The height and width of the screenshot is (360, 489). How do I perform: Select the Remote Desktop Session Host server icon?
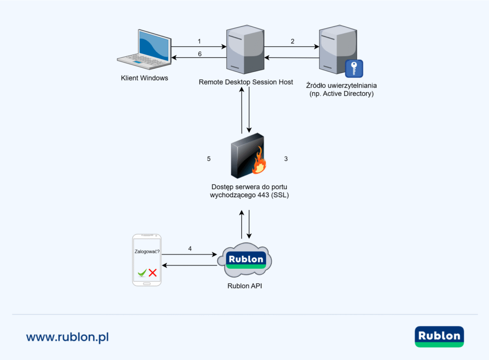coord(244,50)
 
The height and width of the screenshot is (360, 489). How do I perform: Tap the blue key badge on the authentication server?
coord(354,69)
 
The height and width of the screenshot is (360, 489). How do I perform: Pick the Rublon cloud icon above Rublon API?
coord(244,261)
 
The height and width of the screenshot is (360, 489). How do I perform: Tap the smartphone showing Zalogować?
coord(147,260)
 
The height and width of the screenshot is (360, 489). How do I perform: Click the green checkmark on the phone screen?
coord(141,273)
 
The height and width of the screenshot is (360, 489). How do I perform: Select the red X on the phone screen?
coord(153,273)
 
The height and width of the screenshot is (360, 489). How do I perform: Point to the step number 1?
coord(200,41)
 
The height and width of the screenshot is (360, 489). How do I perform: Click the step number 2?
coord(292,41)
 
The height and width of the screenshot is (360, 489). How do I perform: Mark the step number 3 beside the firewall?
coord(286,159)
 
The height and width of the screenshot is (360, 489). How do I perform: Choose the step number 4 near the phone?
coord(190,248)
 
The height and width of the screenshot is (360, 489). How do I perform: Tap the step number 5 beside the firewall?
coord(209,159)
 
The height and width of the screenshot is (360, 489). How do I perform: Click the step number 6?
coord(200,54)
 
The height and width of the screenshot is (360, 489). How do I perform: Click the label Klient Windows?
coord(144,78)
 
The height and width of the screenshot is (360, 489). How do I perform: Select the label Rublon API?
coord(244,286)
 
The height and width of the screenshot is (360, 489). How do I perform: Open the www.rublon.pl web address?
coord(67,337)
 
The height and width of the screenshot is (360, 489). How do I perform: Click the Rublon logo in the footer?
coord(439,336)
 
